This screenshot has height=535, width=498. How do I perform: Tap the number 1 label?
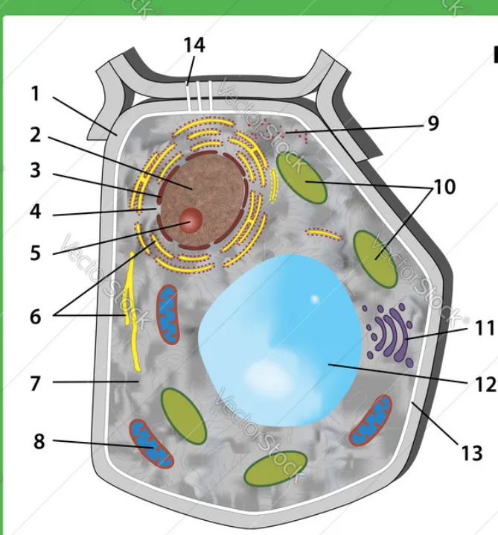click(35, 95)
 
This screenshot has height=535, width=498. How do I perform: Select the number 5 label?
click(35, 253)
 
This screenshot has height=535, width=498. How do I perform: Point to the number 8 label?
click(39, 441)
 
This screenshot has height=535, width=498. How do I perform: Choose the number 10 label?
click(444, 186)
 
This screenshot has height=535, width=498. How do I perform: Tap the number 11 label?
click(485, 327)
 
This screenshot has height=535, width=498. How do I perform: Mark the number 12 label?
click(485, 385)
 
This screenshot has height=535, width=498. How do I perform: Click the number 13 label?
click(472, 452)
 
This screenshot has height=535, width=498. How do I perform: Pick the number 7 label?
click(35, 384)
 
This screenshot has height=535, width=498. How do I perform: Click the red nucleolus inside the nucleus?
click(193, 220)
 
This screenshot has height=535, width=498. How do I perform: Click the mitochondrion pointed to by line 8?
click(151, 443)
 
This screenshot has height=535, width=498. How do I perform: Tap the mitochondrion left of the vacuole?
click(168, 313)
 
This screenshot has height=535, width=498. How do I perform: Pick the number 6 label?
click(35, 317)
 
